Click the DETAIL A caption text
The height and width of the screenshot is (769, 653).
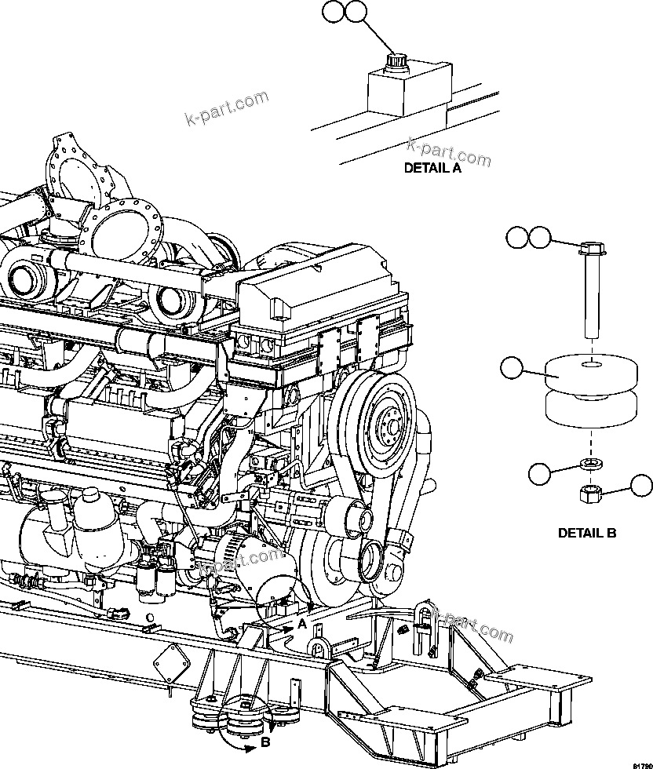[x=432, y=167]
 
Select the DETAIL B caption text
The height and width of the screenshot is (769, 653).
[x=587, y=533]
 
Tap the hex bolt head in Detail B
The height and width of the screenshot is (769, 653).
[x=591, y=250]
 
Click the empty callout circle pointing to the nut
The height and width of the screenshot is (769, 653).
[x=642, y=487]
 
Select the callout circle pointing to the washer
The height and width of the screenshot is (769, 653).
[x=539, y=473]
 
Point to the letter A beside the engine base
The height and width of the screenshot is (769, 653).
[x=301, y=625]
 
